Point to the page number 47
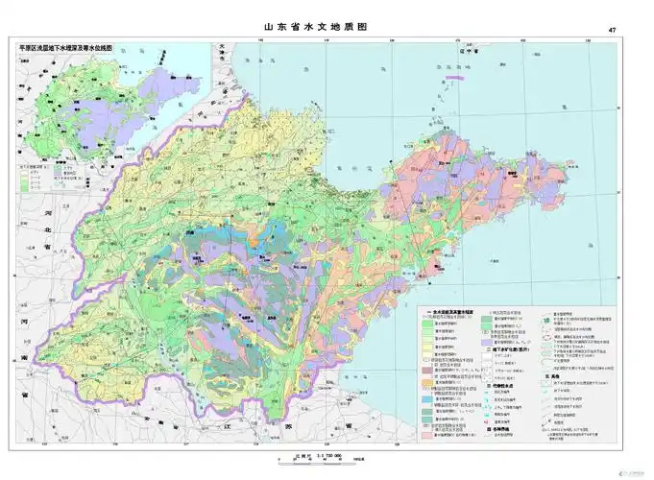coord(612,31)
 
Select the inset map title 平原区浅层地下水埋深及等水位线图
coord(66,46)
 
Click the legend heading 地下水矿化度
coord(505,338)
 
